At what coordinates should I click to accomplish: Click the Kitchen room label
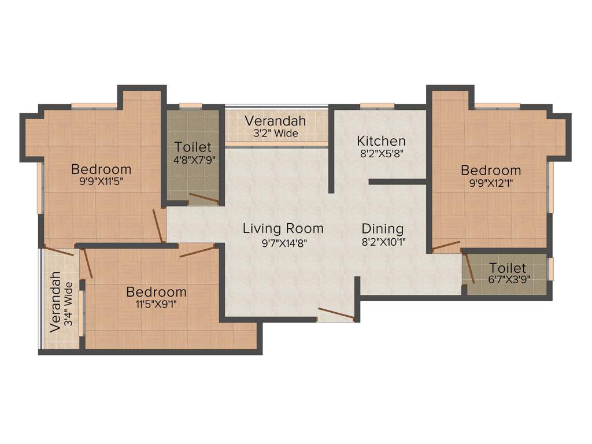pyautogui.click(x=381, y=141)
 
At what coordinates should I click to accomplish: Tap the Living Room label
pyautogui.click(x=283, y=228)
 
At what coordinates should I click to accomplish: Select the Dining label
pyautogui.click(x=383, y=228)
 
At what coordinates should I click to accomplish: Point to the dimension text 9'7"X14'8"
pyautogui.click(x=283, y=243)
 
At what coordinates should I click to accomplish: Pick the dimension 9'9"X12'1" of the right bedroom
pyautogui.click(x=491, y=184)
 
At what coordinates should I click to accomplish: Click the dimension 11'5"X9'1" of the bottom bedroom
pyautogui.click(x=156, y=305)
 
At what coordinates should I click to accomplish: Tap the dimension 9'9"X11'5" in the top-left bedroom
pyautogui.click(x=101, y=183)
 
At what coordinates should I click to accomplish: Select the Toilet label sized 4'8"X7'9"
pyautogui.click(x=193, y=147)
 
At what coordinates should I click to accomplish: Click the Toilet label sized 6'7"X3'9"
pyautogui.click(x=508, y=268)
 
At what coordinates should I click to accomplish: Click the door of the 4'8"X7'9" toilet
pyautogui.click(x=204, y=199)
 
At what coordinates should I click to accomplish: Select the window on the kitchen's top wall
pyautogui.click(x=377, y=106)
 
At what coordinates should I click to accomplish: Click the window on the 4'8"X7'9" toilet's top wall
pyautogui.click(x=190, y=106)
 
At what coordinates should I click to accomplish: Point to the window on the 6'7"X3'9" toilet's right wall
pyautogui.click(x=550, y=269)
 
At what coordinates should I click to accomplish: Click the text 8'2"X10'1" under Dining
pyautogui.click(x=383, y=243)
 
